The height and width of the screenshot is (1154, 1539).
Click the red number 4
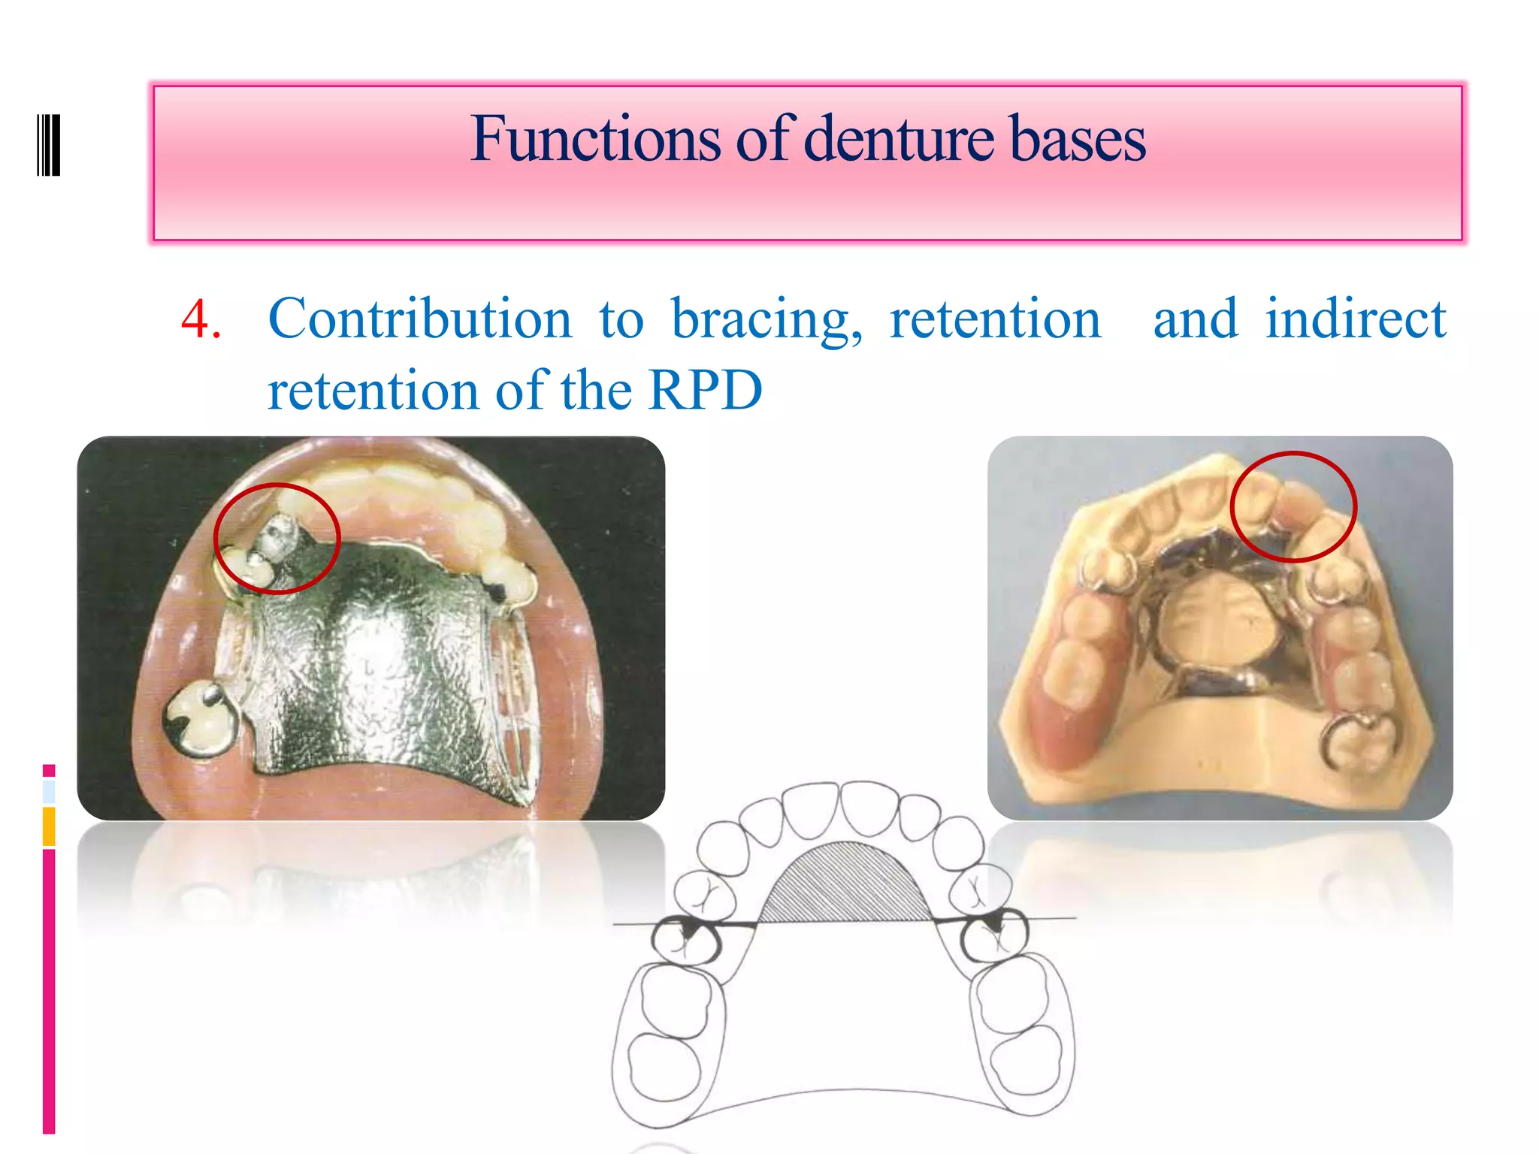(x=199, y=319)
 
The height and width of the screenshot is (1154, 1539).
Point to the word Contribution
(x=420, y=319)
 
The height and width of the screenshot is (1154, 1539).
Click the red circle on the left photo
(x=277, y=538)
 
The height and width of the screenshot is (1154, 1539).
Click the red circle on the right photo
(x=1293, y=507)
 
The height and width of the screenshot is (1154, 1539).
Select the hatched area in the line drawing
(x=845, y=887)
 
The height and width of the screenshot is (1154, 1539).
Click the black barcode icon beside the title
(x=48, y=145)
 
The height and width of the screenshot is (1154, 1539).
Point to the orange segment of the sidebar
(x=49, y=826)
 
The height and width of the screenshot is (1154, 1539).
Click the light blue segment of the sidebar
(x=49, y=791)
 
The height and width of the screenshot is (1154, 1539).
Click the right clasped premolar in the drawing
(x=994, y=935)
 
